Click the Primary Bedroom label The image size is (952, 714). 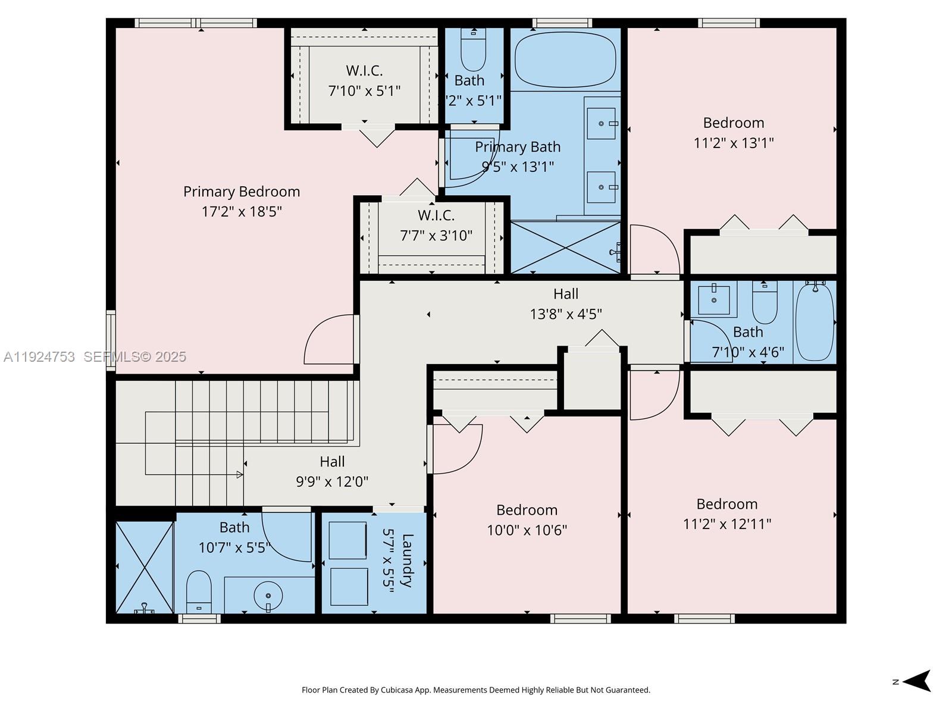click(241, 192)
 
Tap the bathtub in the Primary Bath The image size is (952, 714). click(565, 60)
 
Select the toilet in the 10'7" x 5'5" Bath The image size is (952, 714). click(199, 590)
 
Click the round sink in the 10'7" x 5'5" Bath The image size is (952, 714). click(268, 594)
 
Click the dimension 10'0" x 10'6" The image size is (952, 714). click(527, 530)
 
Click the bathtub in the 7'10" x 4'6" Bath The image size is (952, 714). click(815, 322)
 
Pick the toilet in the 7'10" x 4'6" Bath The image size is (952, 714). click(765, 302)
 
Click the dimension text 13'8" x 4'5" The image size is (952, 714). click(566, 314)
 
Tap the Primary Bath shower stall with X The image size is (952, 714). click(565, 248)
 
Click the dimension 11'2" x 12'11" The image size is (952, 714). click(726, 524)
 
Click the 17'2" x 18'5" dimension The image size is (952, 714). click(241, 212)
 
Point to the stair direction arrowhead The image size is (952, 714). click(239, 474)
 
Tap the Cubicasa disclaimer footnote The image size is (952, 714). click(475, 690)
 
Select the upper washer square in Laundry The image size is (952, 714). click(348, 540)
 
